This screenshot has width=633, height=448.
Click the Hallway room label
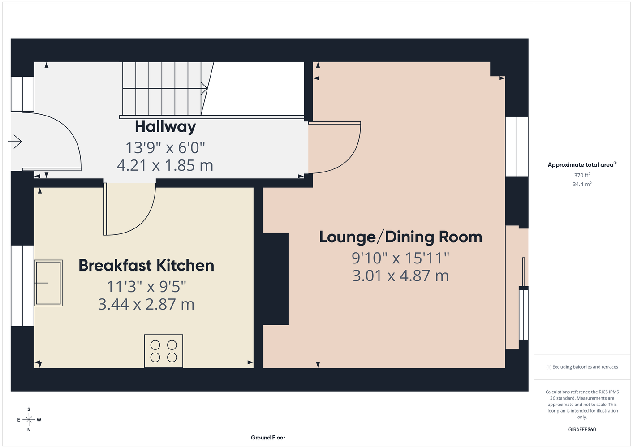point(165,127)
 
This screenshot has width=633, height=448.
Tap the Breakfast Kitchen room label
point(146,265)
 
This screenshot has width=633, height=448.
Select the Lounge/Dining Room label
point(400,237)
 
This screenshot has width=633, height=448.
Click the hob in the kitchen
point(164,351)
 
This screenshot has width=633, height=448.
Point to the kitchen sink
point(48,283)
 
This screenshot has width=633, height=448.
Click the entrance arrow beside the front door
point(15,142)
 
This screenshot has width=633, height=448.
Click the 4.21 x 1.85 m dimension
point(165,165)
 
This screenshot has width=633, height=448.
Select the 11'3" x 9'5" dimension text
point(146,287)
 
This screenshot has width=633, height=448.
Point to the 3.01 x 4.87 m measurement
point(400,276)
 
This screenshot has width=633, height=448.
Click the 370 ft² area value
point(582,175)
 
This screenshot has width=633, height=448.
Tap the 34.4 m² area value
point(582,184)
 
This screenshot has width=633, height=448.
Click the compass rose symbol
point(29,420)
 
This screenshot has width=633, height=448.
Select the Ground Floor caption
point(268,438)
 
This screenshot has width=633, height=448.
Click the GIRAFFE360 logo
point(582,429)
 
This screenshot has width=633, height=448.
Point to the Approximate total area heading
point(582,164)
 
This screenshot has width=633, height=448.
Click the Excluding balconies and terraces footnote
point(582,367)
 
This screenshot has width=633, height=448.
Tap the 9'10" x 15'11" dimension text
point(400,258)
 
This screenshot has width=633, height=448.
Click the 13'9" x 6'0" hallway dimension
point(165,147)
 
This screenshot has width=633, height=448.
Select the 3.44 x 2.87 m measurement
point(146,304)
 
